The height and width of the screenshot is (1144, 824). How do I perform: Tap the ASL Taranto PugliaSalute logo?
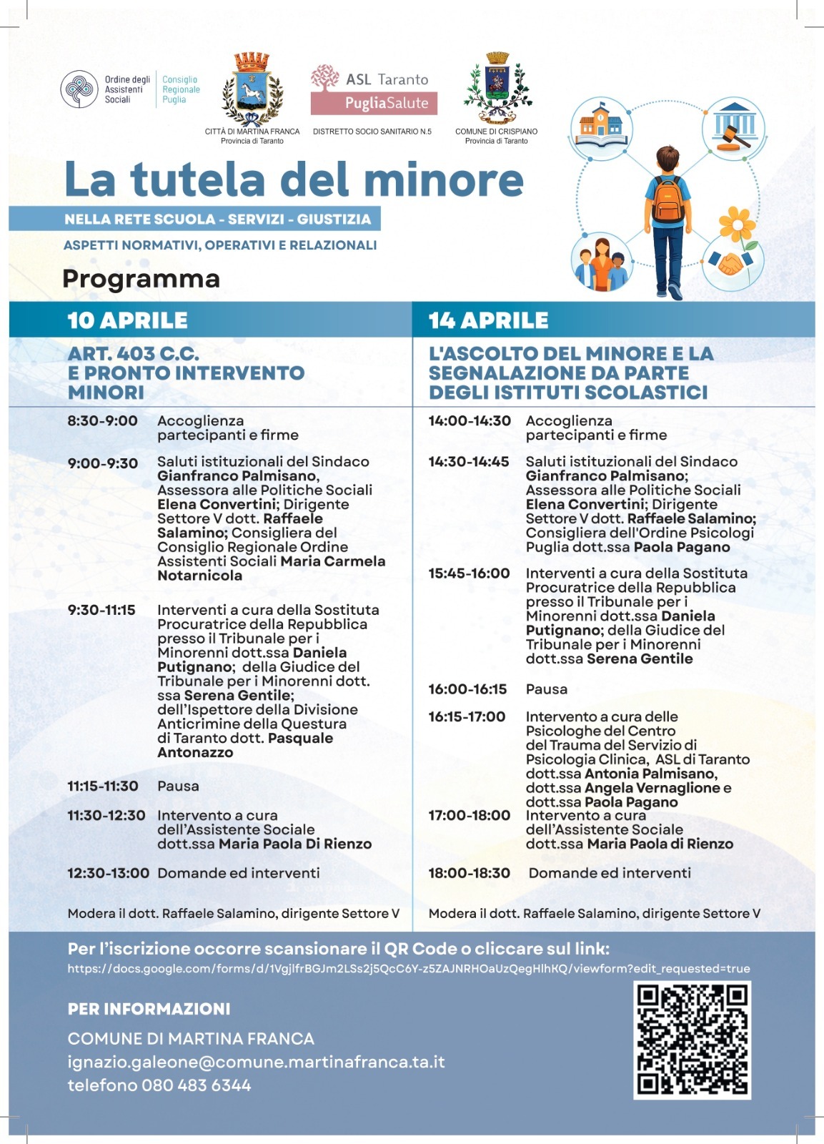[x=373, y=89]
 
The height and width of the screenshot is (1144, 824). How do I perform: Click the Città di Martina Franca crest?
[x=252, y=89]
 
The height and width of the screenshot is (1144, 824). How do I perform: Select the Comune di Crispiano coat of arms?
[x=497, y=88]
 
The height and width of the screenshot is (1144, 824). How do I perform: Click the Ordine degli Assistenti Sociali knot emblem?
[x=79, y=89]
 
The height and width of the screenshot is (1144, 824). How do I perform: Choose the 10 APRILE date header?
[x=127, y=320]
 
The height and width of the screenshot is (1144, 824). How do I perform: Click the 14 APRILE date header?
[x=489, y=320]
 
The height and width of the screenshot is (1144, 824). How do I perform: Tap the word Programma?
[x=141, y=279]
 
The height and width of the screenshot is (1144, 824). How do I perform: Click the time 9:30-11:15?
[x=101, y=610]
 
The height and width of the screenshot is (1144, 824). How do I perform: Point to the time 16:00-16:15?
[x=467, y=689]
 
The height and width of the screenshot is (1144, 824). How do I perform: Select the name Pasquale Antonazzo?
[x=245, y=745]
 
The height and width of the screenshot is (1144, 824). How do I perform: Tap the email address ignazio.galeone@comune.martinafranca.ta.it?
[x=256, y=1062]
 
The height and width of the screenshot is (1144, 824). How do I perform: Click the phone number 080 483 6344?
[x=197, y=1085]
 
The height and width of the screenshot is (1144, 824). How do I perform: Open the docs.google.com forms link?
[x=409, y=969]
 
